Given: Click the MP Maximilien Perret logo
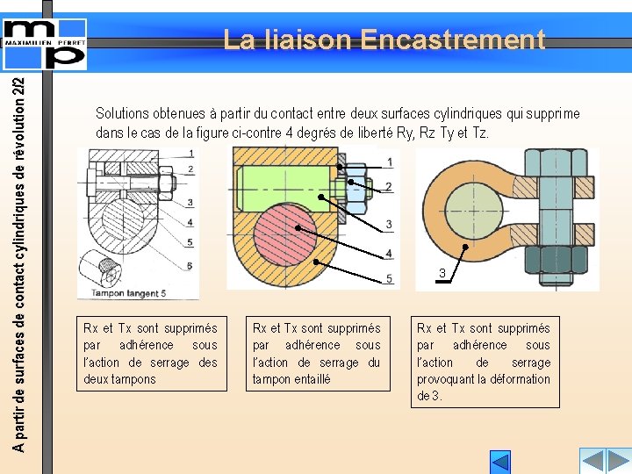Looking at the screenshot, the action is point(45,45).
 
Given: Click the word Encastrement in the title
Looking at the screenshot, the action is point(453,39).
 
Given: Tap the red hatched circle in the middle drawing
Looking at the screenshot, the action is point(285,234).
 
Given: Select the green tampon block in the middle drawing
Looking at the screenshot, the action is point(285,189).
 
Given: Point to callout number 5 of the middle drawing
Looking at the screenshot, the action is point(389,278).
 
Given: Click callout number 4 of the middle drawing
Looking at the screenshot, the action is point(389,253).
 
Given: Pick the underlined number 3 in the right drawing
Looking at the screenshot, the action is point(442,273).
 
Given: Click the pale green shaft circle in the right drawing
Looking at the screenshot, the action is point(474,212).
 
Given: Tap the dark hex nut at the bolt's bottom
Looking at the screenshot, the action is point(557,260).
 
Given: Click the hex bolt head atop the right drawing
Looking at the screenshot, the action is point(557,163).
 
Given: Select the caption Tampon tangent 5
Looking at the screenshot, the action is point(128,293).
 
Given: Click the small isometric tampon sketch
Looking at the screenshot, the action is point(100,268).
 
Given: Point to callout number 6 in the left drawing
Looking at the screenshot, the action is point(190,266).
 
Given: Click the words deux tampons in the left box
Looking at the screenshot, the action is point(119,379).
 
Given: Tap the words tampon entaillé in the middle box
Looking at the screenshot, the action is point(291,379).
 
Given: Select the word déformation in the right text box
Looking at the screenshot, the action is point(520,379).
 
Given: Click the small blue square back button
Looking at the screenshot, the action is point(500,462).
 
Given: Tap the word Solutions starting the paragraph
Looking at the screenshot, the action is point(122,113).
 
